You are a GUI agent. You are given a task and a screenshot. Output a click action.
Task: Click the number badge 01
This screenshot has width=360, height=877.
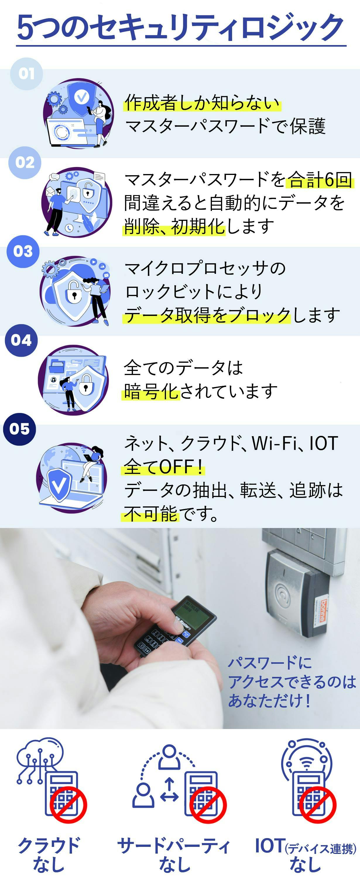[x=26, y=73]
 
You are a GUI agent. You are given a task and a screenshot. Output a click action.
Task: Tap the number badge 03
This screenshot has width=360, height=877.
[x=23, y=251]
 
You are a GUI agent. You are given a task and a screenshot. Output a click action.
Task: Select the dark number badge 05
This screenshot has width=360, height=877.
[x=19, y=429]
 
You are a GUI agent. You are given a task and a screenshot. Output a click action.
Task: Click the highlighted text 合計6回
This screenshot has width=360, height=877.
[x=320, y=180]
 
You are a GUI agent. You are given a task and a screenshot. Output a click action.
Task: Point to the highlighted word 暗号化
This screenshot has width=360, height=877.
[x=151, y=391]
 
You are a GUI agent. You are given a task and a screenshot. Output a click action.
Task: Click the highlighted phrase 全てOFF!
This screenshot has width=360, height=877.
[x=163, y=466]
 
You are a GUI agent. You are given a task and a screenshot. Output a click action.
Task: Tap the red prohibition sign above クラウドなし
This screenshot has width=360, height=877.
[x=68, y=805]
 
